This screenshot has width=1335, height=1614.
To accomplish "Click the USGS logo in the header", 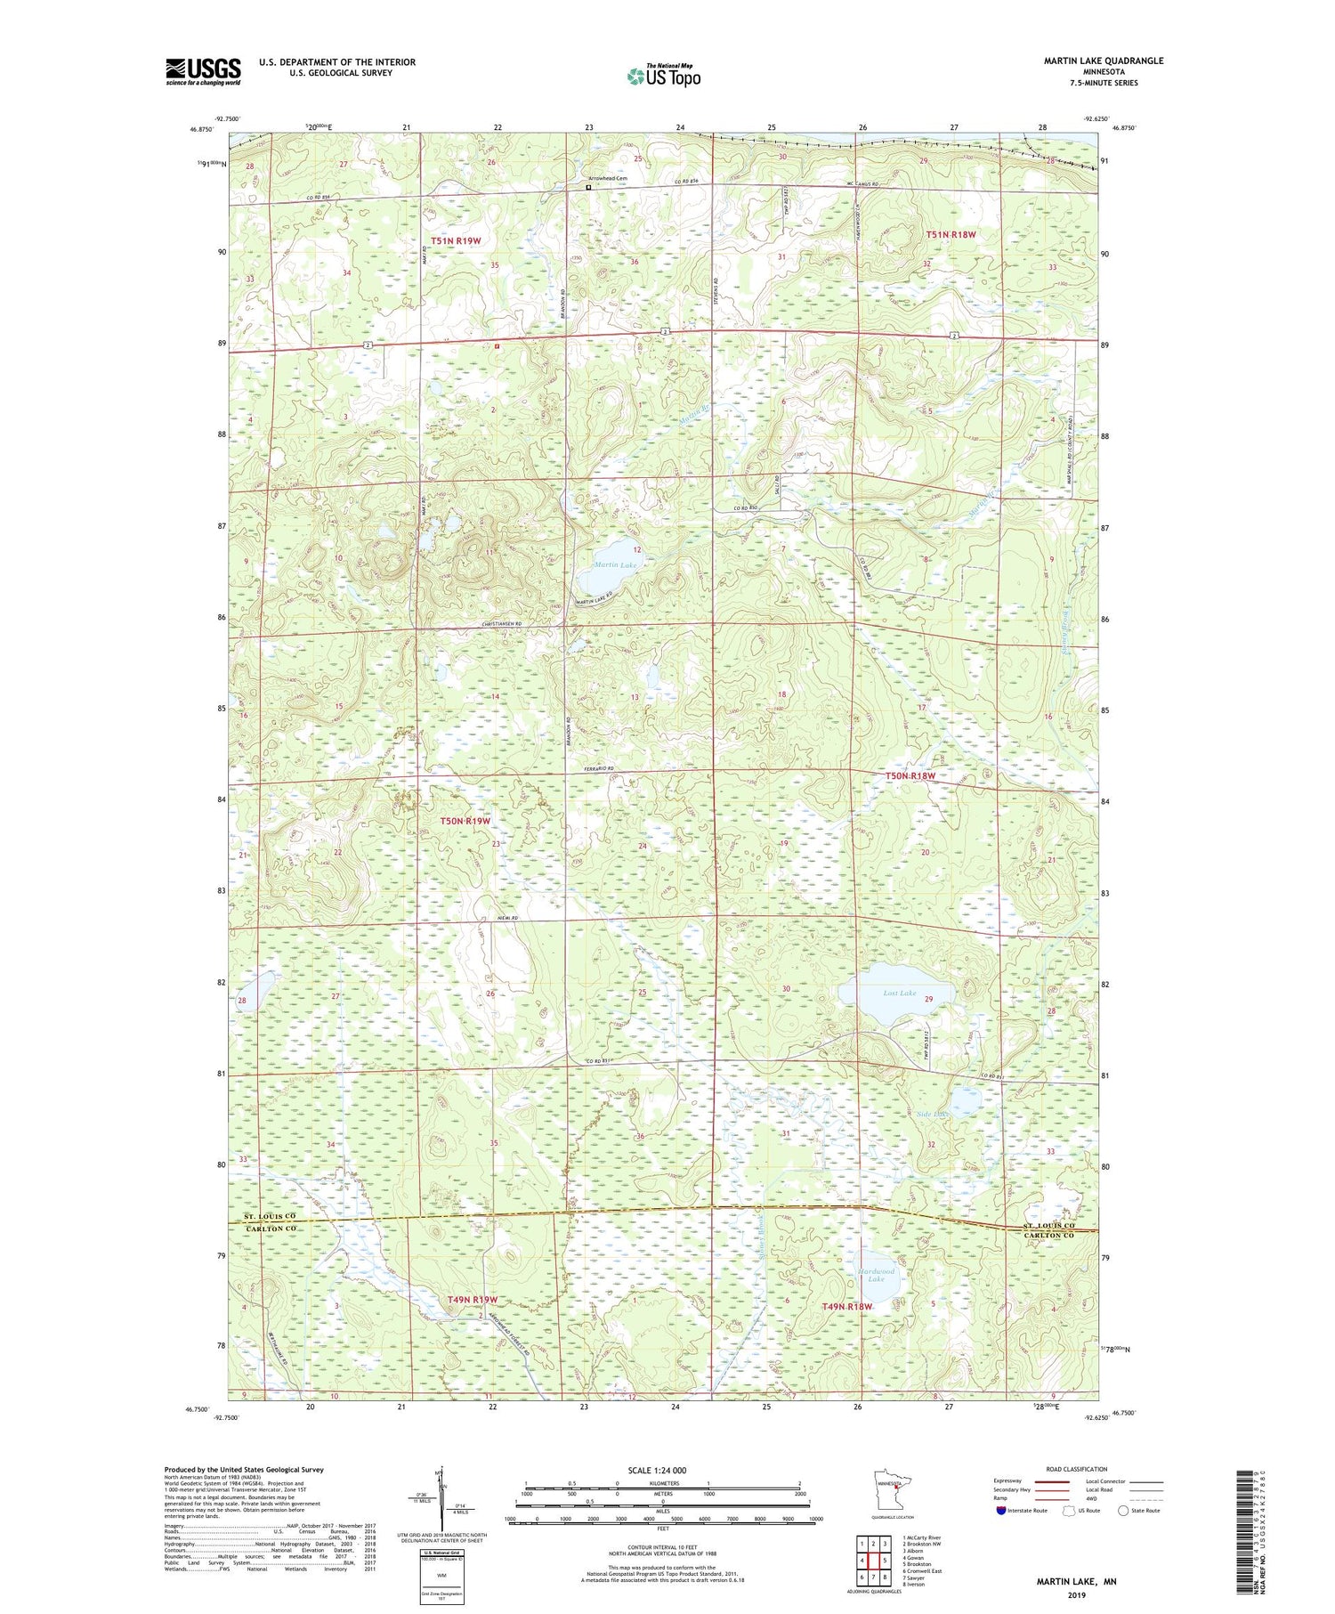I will [203, 71].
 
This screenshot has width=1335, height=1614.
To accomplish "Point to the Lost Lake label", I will [899, 993].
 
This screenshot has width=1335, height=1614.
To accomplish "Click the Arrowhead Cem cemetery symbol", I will [588, 188].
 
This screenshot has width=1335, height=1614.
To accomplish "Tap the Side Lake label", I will [932, 1114].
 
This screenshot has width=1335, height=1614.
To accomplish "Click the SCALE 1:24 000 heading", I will [657, 1470].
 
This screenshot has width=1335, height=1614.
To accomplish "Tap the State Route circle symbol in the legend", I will [1124, 1511].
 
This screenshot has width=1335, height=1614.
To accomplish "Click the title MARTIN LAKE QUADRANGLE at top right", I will [1103, 61].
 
